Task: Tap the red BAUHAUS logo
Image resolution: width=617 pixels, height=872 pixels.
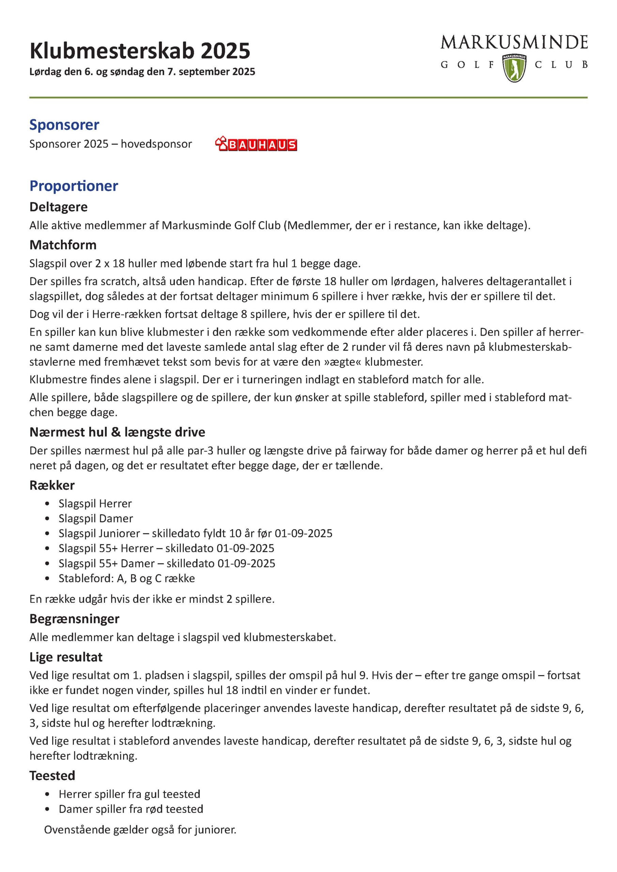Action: pos(256,145)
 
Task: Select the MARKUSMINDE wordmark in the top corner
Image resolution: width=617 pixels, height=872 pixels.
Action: pos(514,42)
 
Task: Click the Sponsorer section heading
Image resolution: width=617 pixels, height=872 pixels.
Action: pos(64,125)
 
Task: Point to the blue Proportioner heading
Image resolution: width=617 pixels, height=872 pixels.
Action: pos(74,186)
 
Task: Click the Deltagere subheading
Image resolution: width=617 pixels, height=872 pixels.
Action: pos(59,207)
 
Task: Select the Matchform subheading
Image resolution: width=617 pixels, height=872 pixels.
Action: pos(63,245)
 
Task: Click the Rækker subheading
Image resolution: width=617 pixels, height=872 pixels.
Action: pos(52,485)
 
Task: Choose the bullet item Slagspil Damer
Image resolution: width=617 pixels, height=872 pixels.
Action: pos(96,518)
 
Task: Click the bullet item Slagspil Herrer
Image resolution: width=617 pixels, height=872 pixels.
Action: pos(95,503)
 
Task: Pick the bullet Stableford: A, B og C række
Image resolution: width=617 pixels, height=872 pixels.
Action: pos(126,578)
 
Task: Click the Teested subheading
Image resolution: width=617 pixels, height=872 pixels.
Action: pos(52,775)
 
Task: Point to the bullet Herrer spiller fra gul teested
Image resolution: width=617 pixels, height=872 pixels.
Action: pos(129,794)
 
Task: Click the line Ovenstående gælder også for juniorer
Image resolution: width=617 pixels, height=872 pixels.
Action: pos(140,829)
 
